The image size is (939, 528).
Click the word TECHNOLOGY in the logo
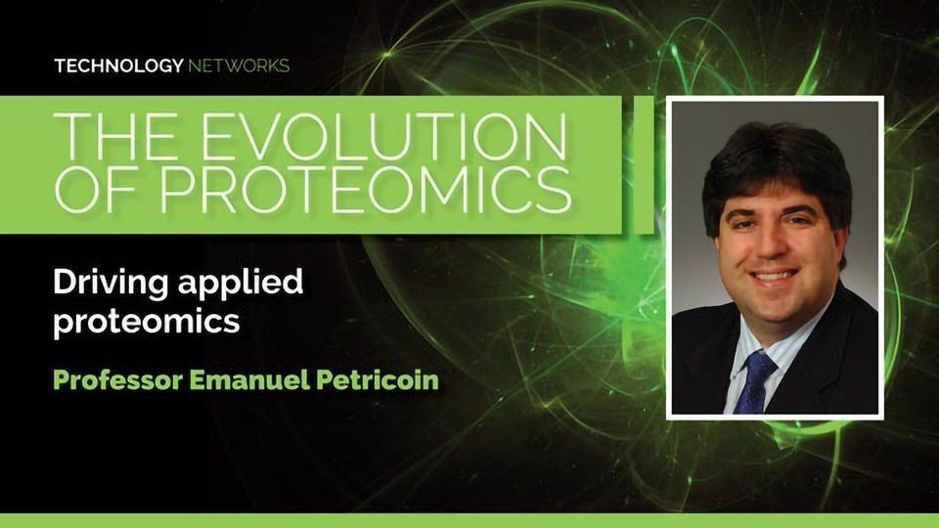[x=118, y=66]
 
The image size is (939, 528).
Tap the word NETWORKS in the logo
[x=239, y=66]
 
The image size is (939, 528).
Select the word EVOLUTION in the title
[x=383, y=137]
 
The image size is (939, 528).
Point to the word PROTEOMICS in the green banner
[x=365, y=190]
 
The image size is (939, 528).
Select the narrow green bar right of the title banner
[x=644, y=164]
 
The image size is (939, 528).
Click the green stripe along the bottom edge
[x=469, y=520]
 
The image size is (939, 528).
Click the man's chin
[x=776, y=305]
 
